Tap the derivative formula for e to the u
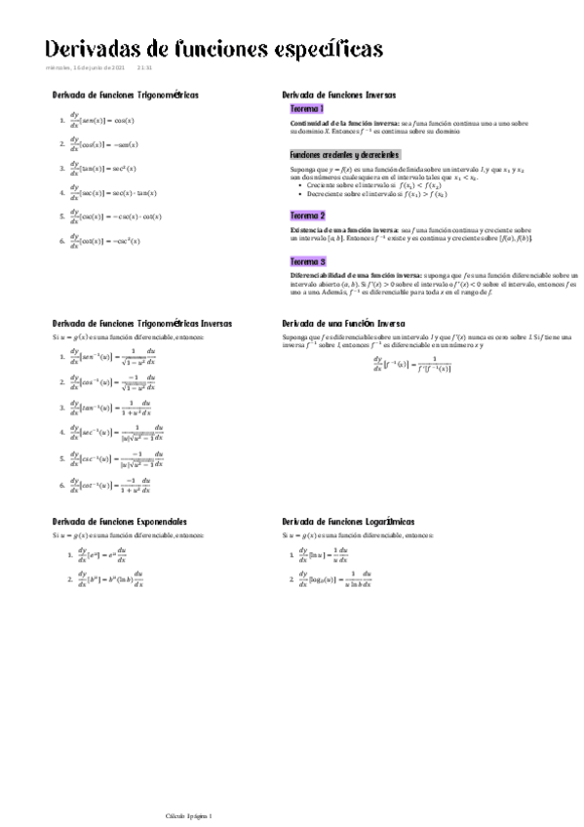coord(103,558)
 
